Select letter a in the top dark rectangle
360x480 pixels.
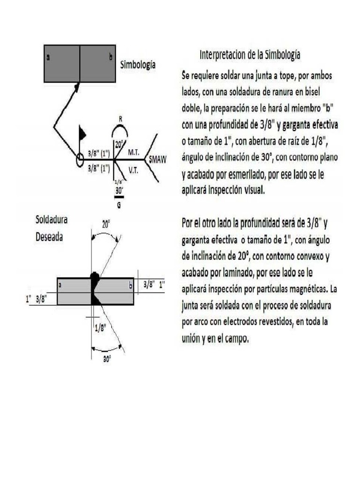49,58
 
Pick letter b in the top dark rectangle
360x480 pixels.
111,58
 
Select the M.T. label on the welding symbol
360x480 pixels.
133,153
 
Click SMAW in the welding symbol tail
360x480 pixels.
157,159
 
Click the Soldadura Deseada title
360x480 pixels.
49,228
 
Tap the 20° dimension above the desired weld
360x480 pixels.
106,225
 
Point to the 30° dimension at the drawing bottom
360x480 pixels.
107,359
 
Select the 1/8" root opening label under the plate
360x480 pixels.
100,328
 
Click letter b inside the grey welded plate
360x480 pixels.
130,284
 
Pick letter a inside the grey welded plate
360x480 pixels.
60,285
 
